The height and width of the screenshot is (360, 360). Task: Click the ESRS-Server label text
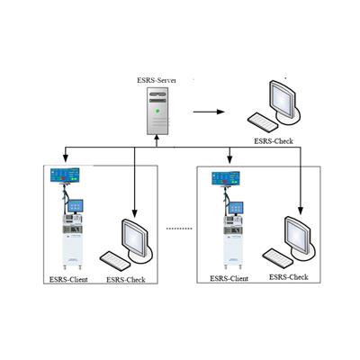(157, 80)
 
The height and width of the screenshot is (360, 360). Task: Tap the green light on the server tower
(157, 111)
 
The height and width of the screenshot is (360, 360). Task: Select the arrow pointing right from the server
(209, 112)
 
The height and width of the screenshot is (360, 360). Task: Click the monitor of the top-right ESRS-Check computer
(283, 100)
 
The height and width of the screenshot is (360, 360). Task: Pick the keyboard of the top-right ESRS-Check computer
(263, 122)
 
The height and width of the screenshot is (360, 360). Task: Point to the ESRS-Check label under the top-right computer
(274, 141)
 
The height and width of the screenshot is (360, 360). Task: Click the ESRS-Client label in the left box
(68, 280)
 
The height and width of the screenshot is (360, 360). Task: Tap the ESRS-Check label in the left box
(126, 280)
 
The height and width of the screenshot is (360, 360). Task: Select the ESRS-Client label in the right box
(229, 279)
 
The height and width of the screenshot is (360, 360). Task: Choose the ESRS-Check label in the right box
(289, 277)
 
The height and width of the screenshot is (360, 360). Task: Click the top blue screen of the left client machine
(65, 175)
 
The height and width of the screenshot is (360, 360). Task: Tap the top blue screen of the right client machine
(226, 178)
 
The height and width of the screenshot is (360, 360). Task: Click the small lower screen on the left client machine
(76, 205)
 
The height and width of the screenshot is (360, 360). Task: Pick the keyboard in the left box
(115, 260)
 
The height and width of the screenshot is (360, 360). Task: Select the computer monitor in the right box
(298, 236)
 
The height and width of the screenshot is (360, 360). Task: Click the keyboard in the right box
(278, 257)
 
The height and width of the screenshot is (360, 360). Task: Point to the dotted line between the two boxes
(179, 229)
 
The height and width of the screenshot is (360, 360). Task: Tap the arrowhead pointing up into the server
(157, 137)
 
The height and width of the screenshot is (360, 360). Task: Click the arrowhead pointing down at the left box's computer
(134, 213)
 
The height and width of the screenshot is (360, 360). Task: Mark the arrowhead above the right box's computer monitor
(301, 211)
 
